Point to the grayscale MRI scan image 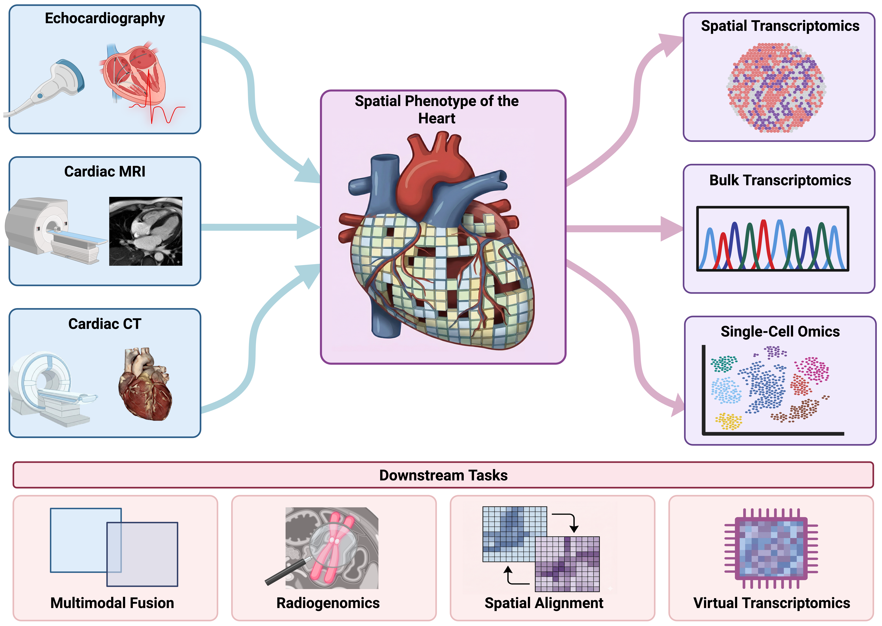(146, 231)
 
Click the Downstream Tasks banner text (443, 475)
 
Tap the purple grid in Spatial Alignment (567, 564)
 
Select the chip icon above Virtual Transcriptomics (771, 548)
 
